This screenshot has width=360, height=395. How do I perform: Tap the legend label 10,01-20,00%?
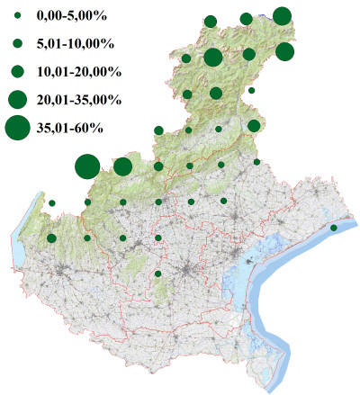pyautogui.click(x=76, y=70)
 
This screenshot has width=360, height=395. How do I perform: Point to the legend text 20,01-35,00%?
pyautogui.click(x=76, y=98)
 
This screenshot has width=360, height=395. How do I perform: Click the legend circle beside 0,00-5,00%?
pyautogui.click(x=18, y=16)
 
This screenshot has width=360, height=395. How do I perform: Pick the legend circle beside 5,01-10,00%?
pyautogui.click(x=18, y=43)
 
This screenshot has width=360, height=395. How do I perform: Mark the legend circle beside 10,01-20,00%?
pyautogui.click(x=18, y=70)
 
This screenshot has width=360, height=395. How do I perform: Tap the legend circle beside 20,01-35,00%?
pyautogui.click(x=18, y=98)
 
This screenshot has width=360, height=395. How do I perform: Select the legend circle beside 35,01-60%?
pyautogui.click(x=18, y=128)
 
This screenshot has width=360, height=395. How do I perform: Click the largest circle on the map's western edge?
pyautogui.click(x=86, y=166)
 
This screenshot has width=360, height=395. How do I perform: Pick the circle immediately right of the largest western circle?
pyautogui.click(x=122, y=166)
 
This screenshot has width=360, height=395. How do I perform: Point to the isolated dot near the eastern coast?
pyautogui.click(x=334, y=228)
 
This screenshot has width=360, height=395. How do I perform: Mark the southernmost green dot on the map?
pyautogui.click(x=158, y=274)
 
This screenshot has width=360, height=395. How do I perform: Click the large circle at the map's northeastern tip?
pyautogui.click(x=282, y=15)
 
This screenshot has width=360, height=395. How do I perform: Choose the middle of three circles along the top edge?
pyautogui.click(x=246, y=19)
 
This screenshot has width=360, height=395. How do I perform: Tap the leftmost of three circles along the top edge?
pyautogui.click(x=211, y=22)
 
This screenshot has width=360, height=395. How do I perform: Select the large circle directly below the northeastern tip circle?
pyautogui.click(x=285, y=51)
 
